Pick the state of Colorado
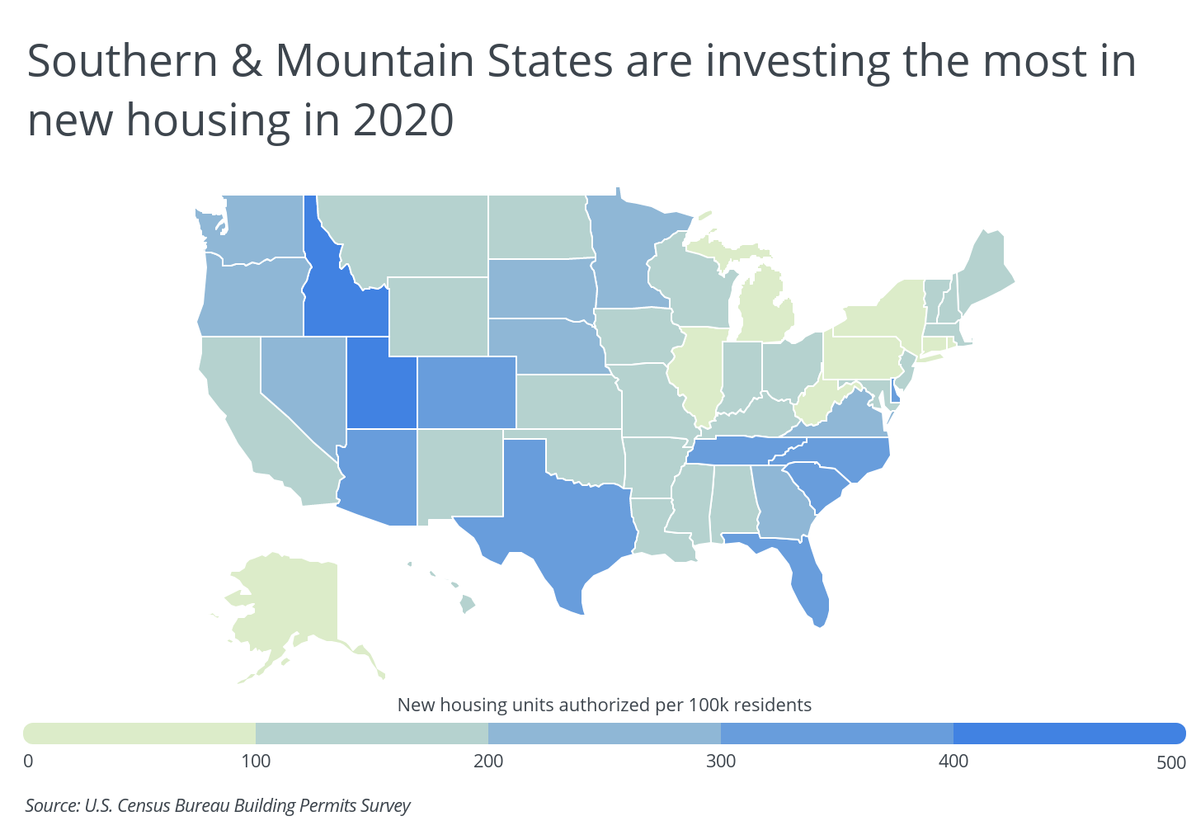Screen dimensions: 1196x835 467,393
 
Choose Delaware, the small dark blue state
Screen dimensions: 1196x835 895,392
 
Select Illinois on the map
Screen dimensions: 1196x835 697,374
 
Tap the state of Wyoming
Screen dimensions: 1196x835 438,316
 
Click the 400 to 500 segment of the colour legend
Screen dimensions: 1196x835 1070,734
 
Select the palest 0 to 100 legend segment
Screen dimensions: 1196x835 139,734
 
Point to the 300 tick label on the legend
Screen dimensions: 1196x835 721,762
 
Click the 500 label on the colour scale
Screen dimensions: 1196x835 1171,762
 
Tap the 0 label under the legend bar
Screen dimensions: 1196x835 28,762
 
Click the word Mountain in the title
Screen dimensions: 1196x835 374,61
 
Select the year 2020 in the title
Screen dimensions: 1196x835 403,120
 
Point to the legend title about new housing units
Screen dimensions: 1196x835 605,705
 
